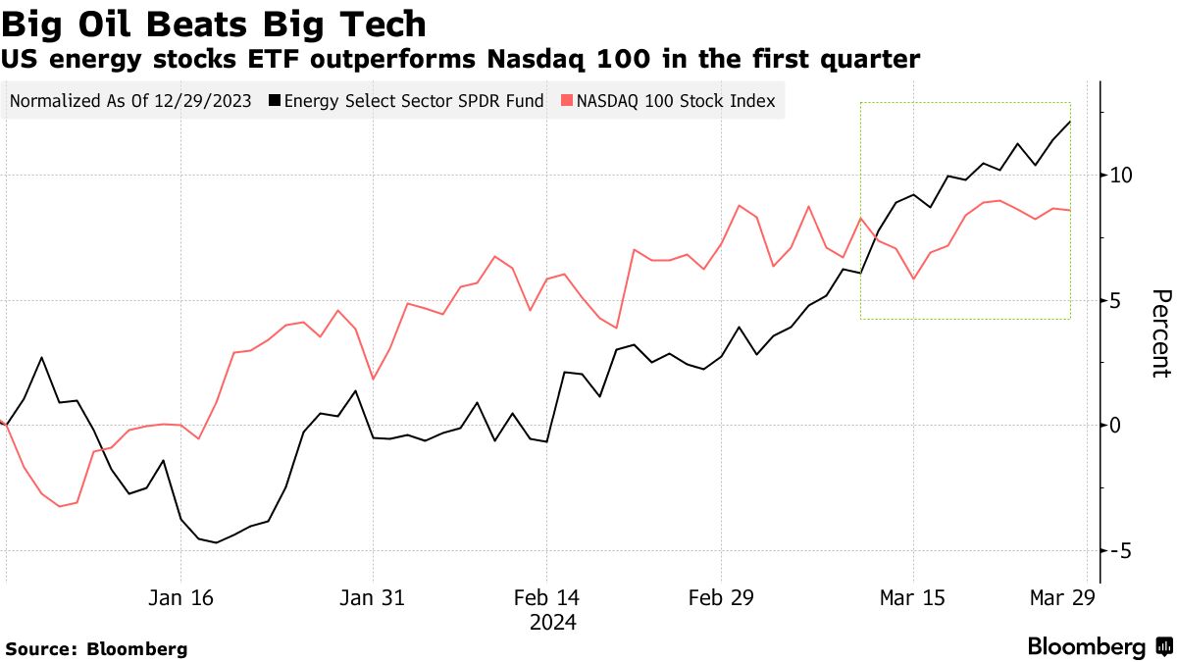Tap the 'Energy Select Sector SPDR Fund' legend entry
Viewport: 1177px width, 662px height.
(406, 101)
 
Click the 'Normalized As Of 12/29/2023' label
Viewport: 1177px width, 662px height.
(130, 101)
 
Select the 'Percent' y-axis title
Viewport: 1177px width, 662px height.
(1160, 333)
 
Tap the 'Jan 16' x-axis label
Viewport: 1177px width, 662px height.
(181, 597)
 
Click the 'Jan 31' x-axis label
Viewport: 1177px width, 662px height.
(373, 597)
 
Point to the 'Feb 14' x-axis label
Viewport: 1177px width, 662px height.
(547, 597)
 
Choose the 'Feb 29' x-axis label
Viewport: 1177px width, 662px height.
(721, 597)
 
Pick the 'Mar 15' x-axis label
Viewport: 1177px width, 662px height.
(913, 597)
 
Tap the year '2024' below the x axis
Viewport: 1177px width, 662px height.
(554, 623)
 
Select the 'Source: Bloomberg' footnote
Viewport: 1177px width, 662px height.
(96, 648)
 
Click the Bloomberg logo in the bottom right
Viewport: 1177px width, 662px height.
(1099, 646)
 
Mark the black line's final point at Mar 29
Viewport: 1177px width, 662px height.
(1070, 122)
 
